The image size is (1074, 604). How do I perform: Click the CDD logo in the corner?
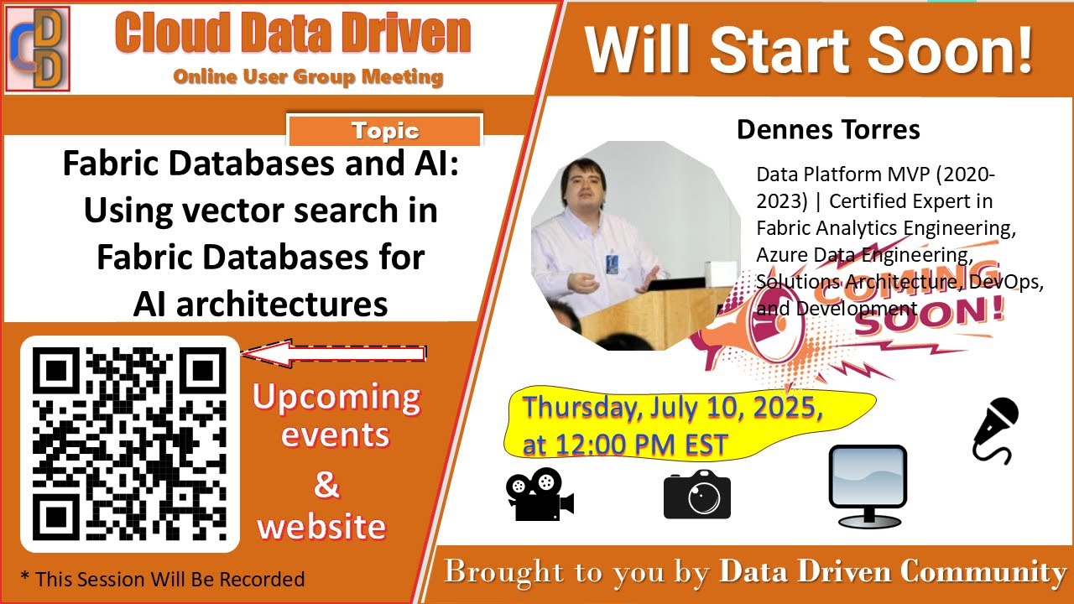[38, 48]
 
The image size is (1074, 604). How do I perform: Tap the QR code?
[130, 444]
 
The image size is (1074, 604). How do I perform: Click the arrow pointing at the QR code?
[333, 353]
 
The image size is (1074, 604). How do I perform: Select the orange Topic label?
[385, 131]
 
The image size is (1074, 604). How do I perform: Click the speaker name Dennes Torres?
[828, 130]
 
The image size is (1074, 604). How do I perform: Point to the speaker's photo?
[635, 246]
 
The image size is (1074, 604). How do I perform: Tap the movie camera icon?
[540, 495]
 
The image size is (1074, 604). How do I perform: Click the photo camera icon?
[696, 495]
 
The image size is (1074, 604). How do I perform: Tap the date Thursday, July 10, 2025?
[672, 409]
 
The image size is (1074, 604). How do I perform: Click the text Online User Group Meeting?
[308, 77]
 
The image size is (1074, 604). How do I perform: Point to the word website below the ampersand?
[321, 527]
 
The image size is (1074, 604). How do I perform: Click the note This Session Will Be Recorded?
[162, 579]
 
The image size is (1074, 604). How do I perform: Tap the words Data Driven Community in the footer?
[893, 572]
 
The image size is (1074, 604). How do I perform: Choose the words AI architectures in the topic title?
[260, 304]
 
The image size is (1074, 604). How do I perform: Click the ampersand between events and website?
[326, 484]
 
